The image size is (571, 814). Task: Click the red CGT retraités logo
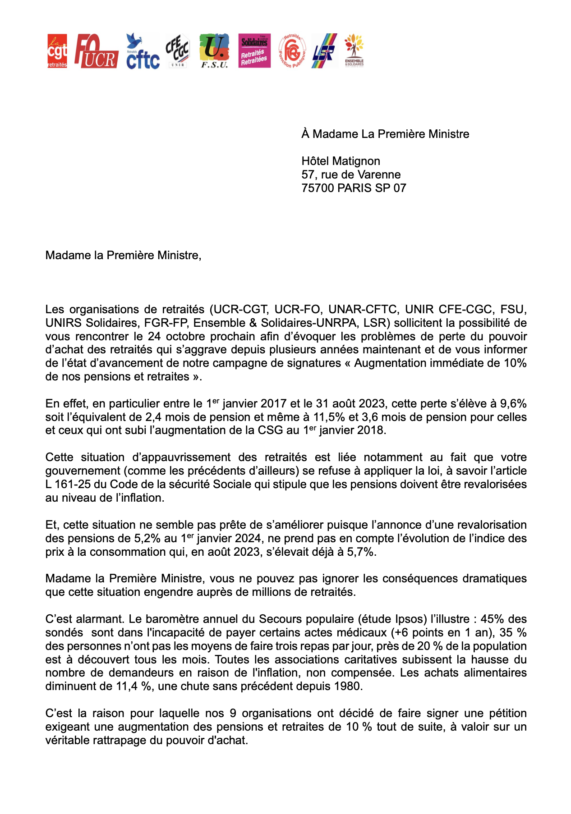57,51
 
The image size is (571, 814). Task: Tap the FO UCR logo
96,51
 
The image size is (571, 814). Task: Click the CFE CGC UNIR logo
177,51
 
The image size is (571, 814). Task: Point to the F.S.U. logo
214,51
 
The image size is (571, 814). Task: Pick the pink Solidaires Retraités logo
254,51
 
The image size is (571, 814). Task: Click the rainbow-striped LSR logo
324,51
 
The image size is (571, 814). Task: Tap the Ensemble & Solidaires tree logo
354,50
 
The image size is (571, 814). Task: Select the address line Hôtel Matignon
341,161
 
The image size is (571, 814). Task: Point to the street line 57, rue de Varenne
351,174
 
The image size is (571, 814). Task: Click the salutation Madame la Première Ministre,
123,256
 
